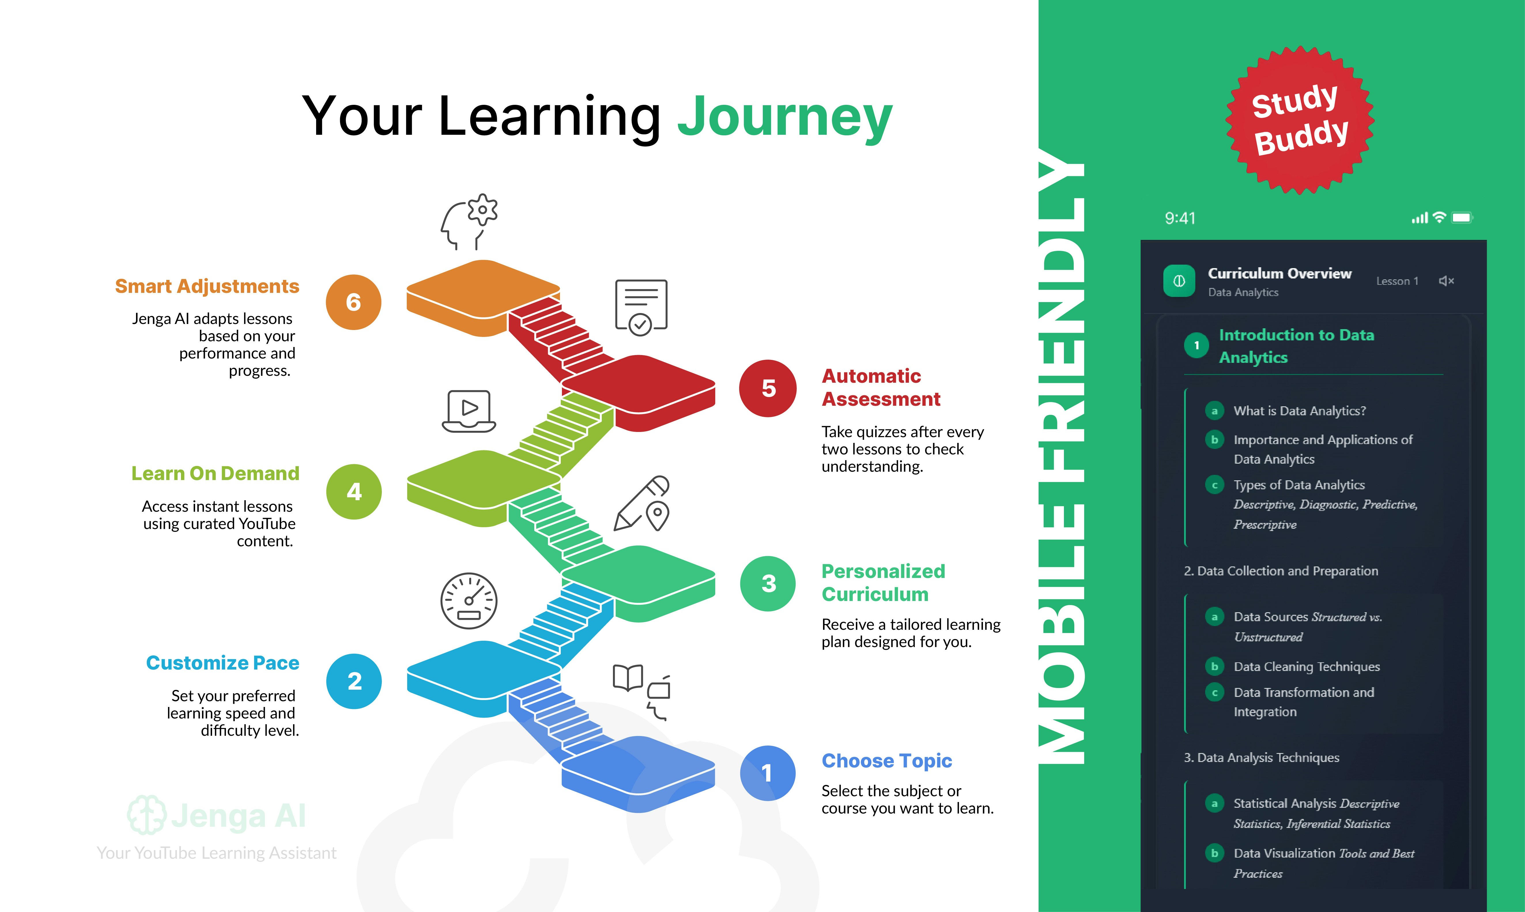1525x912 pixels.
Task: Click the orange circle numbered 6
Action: point(354,302)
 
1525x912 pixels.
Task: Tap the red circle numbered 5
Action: point(768,388)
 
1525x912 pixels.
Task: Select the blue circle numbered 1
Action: point(767,773)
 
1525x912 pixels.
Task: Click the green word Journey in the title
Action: point(785,117)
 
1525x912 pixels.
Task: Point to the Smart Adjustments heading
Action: point(207,286)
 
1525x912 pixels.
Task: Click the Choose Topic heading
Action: point(887,761)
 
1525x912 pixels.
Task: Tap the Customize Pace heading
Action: point(222,663)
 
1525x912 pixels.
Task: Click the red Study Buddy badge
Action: point(1300,120)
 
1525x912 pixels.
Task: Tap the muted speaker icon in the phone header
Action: point(1446,281)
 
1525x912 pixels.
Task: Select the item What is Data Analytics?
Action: point(1299,411)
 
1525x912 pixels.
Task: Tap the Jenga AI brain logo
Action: point(146,815)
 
